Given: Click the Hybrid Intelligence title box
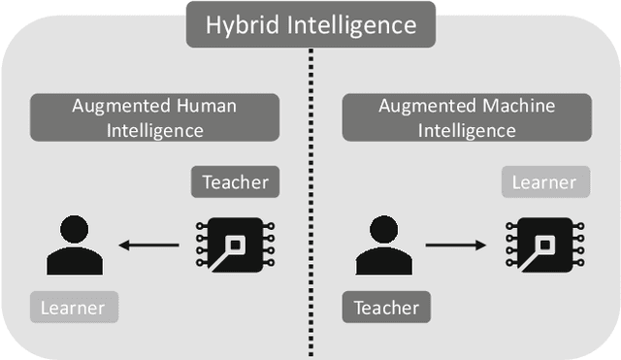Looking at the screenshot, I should coord(310,24).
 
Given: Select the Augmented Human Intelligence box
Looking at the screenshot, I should coord(154,117).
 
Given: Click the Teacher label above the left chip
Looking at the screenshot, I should coord(235,181).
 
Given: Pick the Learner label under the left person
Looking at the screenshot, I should coord(74,308).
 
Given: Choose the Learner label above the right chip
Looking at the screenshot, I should coord(543,181).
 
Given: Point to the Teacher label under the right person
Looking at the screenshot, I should coord(386,308).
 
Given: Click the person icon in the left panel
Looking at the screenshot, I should coord(75,247).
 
